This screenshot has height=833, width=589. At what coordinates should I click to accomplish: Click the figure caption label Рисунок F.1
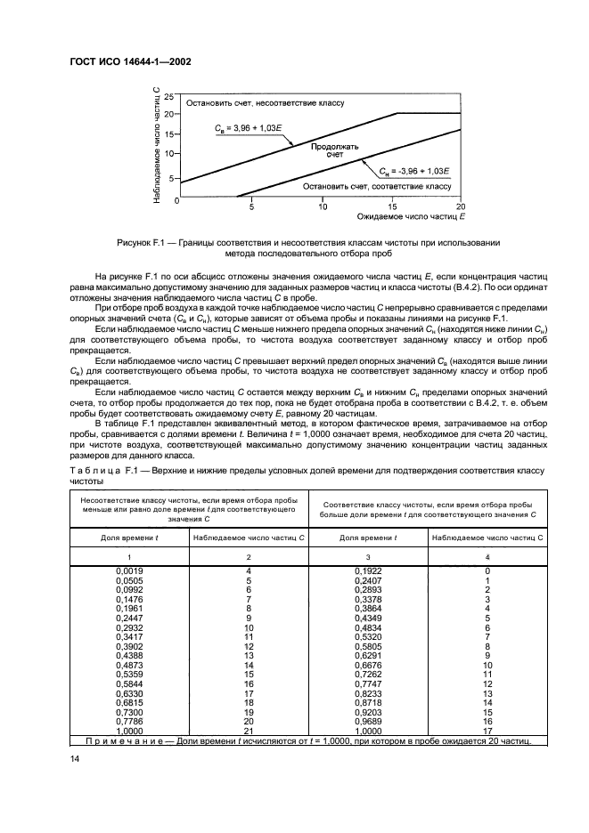(x=143, y=242)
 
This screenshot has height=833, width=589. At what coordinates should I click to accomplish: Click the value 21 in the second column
(x=249, y=732)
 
